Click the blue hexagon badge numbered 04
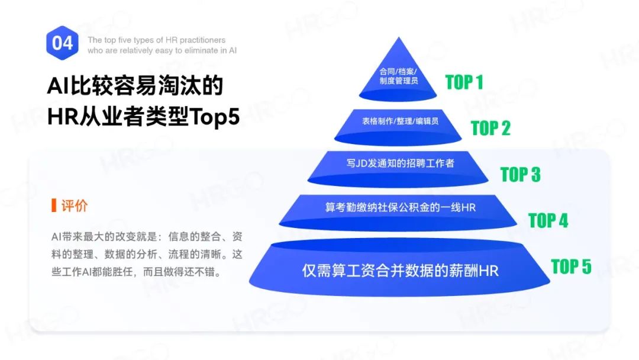click(62, 43)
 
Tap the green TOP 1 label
click(464, 82)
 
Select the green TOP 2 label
click(490, 128)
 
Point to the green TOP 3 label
click(521, 175)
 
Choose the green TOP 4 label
click(548, 221)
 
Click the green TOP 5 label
click(571, 267)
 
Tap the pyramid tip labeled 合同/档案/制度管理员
click(398, 76)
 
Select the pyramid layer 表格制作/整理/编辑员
click(400, 121)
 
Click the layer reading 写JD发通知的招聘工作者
click(401, 163)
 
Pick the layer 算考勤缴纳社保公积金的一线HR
click(401, 208)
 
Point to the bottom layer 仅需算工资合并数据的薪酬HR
click(401, 271)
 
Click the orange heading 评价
click(75, 206)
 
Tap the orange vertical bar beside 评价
click(54, 206)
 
